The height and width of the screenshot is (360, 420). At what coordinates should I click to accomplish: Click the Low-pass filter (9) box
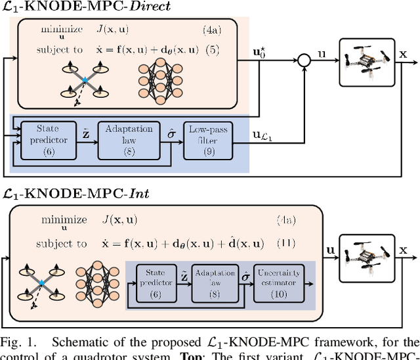point(204,140)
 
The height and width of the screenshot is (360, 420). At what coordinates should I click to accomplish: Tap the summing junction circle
point(303,61)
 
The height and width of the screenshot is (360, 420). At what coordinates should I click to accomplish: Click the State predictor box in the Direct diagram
point(47,140)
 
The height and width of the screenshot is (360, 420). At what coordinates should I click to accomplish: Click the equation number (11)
point(286,243)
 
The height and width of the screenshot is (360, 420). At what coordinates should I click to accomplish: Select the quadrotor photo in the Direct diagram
point(367,61)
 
